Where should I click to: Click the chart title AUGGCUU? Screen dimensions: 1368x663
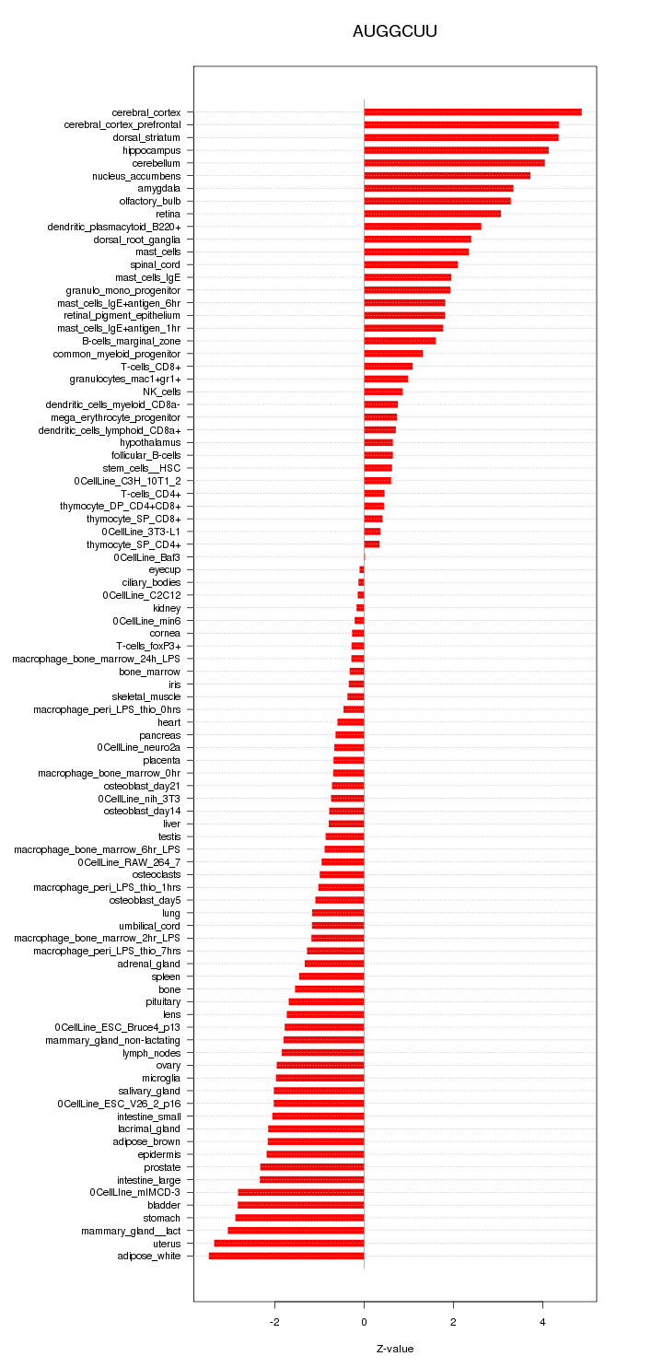(394, 31)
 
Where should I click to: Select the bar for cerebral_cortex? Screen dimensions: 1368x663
(472, 112)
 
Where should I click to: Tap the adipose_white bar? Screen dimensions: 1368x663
(286, 1256)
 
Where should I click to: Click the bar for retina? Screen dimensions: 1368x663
(432, 214)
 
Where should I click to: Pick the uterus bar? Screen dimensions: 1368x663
(289, 1243)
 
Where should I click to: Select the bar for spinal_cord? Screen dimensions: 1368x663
(411, 264)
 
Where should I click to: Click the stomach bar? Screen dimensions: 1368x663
(299, 1218)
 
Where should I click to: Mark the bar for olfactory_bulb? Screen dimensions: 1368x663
(437, 201)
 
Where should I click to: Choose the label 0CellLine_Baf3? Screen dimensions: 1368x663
(146, 556)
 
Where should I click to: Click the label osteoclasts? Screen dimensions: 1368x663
(156, 874)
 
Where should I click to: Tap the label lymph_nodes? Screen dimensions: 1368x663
(151, 1052)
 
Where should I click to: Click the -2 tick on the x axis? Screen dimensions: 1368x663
(274, 1321)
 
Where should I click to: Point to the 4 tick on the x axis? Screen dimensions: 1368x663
(542, 1321)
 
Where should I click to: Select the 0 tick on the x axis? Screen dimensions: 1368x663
(364, 1321)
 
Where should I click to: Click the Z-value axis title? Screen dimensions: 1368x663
(395, 1349)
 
